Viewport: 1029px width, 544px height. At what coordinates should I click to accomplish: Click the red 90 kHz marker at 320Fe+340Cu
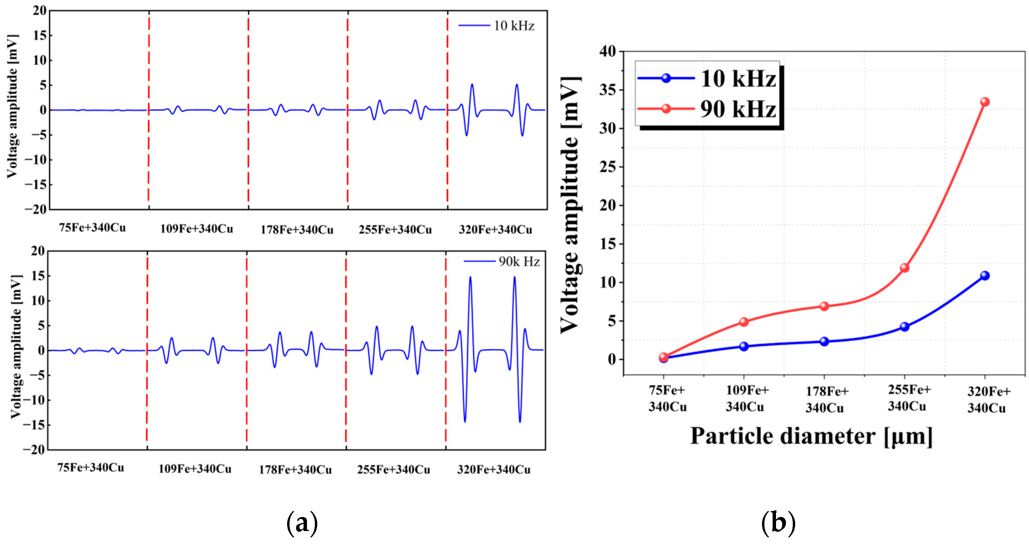[x=985, y=102]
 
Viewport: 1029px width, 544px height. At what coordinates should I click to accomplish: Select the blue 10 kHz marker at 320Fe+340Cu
[x=985, y=276]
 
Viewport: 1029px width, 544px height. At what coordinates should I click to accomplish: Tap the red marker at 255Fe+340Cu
[x=904, y=268]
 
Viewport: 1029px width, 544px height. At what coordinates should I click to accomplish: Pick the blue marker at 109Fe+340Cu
[x=744, y=346]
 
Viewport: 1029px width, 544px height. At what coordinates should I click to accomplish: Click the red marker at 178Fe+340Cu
[x=824, y=307]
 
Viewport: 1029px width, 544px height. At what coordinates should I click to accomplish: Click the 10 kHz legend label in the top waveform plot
[x=514, y=26]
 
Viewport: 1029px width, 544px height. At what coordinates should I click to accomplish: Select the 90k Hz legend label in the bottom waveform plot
[x=519, y=262]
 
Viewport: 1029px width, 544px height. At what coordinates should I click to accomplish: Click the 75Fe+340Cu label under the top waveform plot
[x=92, y=228]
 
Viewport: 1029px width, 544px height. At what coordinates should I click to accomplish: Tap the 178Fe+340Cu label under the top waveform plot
[x=297, y=230]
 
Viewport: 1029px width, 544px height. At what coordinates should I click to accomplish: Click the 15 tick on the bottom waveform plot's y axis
[x=38, y=276]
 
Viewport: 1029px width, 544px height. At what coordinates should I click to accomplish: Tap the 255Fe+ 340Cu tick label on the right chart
[x=908, y=398]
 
